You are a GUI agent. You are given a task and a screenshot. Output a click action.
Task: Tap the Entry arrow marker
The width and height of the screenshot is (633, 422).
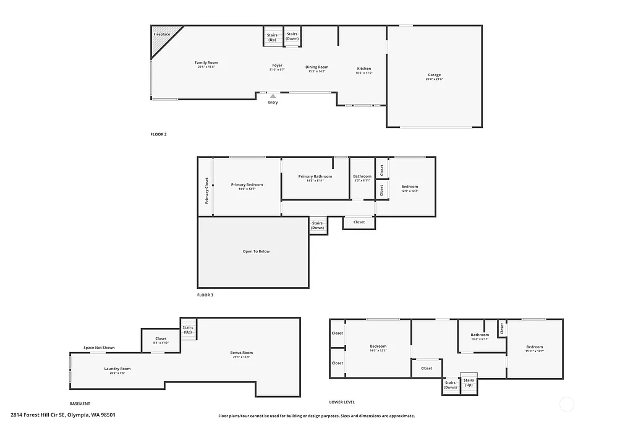click(x=273, y=96)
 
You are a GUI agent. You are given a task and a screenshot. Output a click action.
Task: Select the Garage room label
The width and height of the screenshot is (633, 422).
click(x=434, y=75)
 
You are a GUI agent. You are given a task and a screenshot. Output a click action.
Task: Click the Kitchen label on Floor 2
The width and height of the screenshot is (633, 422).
click(x=364, y=69)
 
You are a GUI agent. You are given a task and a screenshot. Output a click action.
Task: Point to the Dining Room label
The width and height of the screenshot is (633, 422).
click(x=316, y=67)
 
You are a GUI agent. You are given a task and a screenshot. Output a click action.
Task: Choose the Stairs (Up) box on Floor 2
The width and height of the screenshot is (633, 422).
click(x=273, y=37)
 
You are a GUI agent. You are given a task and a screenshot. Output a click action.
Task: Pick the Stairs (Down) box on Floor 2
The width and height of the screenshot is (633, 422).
click(x=292, y=37)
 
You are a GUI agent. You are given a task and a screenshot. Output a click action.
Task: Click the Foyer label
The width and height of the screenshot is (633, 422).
click(x=278, y=66)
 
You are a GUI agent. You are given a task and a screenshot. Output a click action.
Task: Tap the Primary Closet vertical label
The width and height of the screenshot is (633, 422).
click(x=206, y=191)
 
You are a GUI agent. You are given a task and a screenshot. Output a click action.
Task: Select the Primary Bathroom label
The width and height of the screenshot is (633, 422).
click(x=315, y=176)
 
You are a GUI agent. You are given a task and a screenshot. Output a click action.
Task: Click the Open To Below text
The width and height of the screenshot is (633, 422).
click(x=256, y=251)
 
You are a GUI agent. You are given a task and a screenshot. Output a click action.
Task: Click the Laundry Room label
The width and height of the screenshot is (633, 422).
click(x=117, y=369)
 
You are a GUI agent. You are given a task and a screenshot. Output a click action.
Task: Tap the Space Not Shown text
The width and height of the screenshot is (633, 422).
click(x=99, y=348)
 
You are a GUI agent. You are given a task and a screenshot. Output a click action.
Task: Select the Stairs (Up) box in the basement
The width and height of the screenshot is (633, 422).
click(x=188, y=329)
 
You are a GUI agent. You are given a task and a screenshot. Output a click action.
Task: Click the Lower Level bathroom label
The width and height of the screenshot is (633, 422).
click(x=480, y=335)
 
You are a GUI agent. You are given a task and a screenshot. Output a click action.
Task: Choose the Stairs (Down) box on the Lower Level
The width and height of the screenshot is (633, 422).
click(x=450, y=385)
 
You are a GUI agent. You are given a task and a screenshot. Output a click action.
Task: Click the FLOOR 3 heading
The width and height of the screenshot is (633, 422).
click(x=205, y=295)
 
